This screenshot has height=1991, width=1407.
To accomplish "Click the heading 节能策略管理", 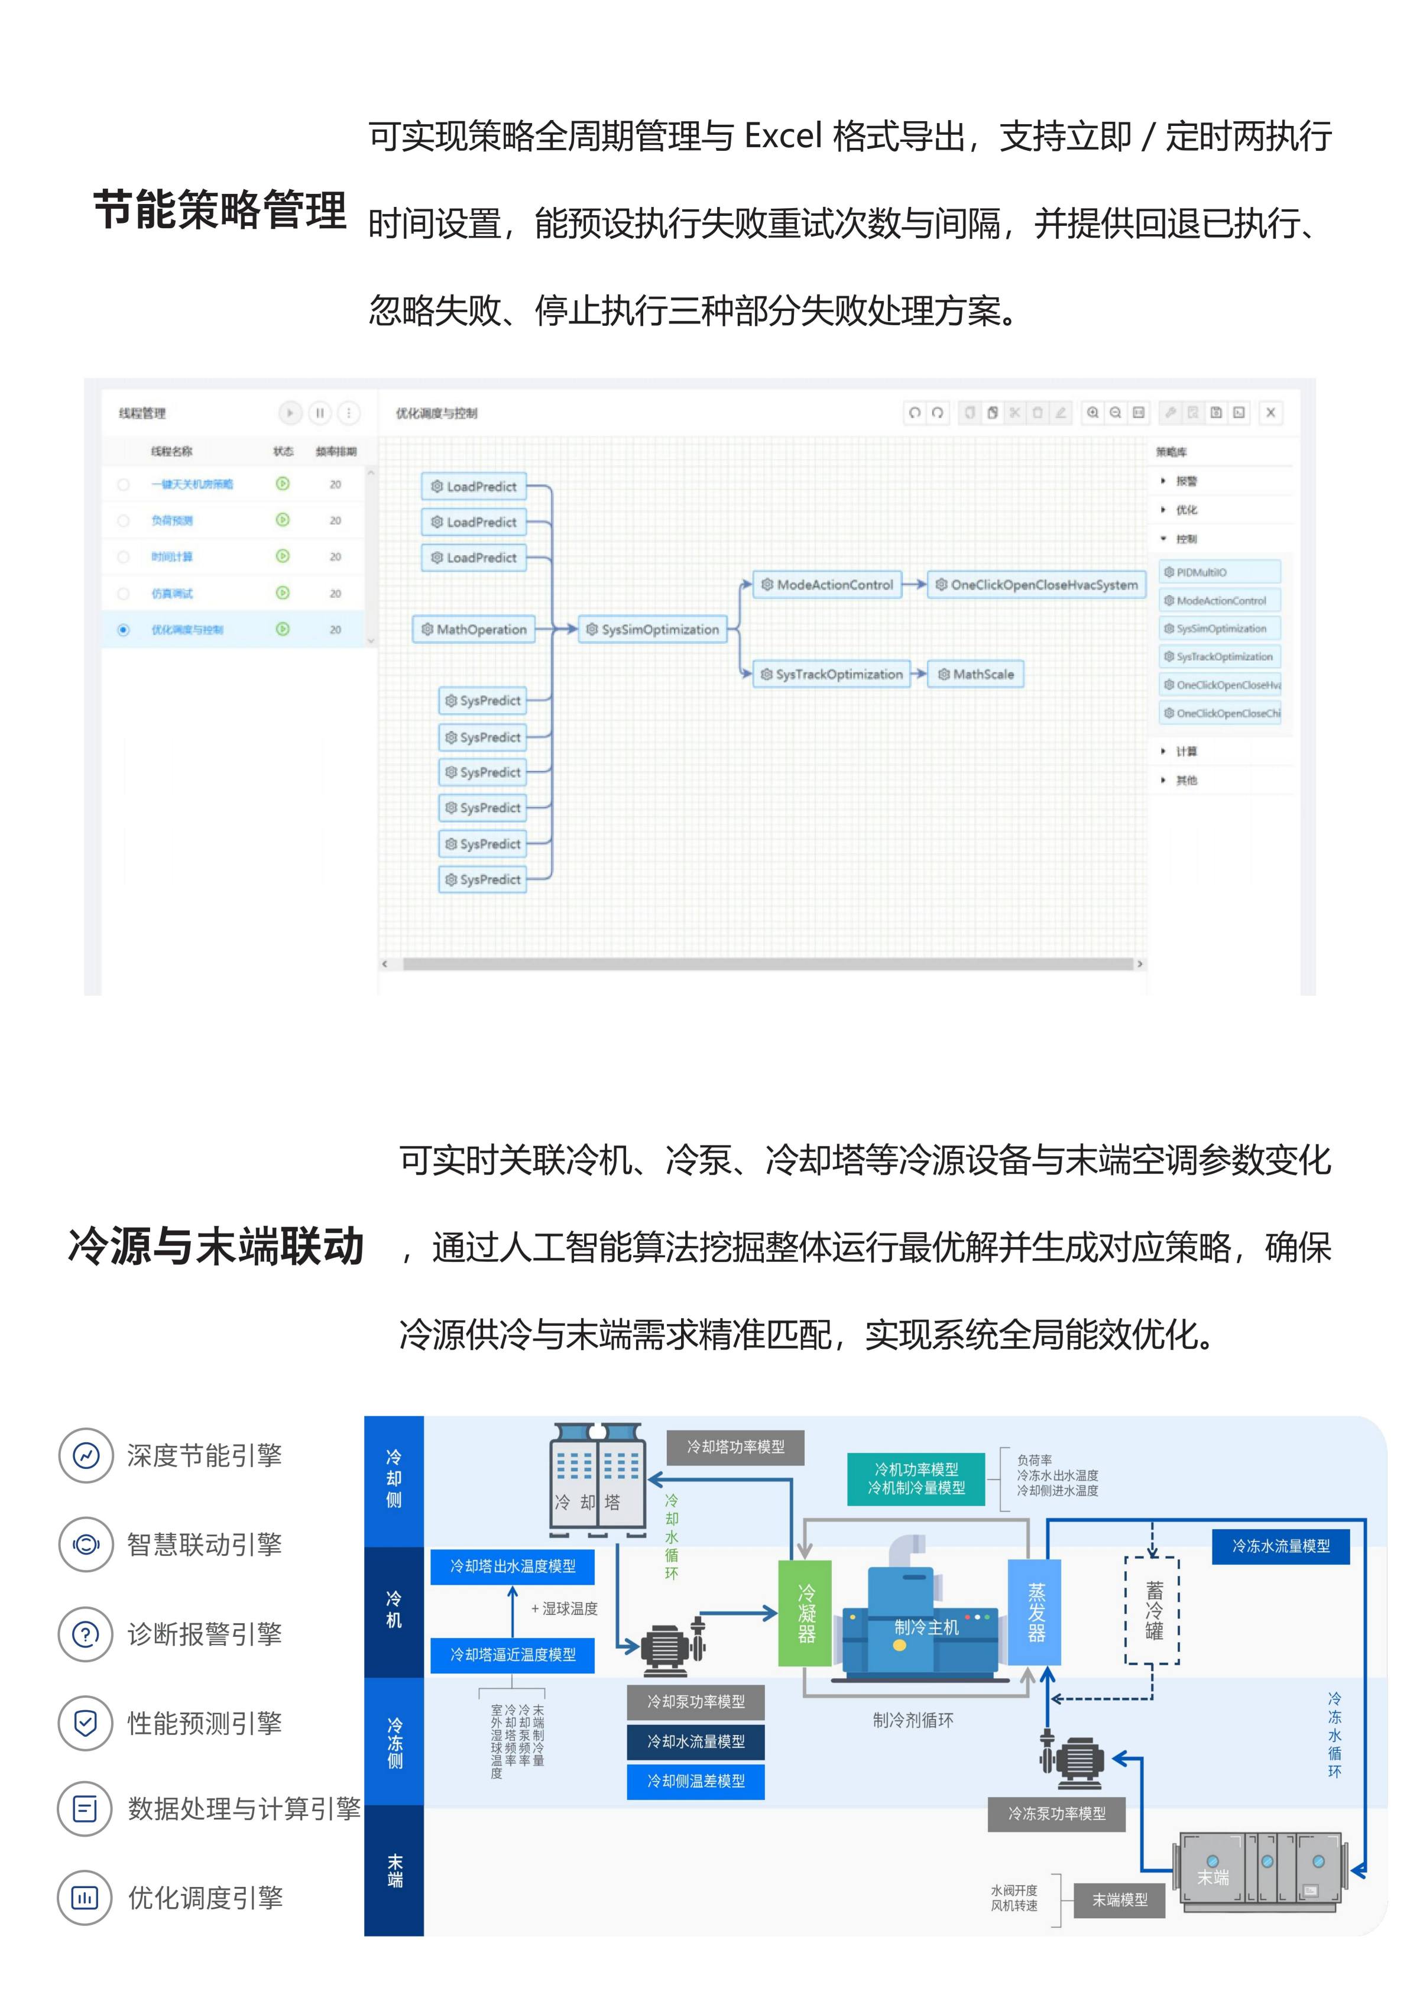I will (219, 211).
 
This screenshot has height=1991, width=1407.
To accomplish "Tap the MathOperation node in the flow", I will (474, 630).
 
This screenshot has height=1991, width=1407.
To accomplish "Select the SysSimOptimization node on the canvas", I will (653, 630).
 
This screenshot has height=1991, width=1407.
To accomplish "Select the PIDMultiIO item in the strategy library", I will (1220, 572).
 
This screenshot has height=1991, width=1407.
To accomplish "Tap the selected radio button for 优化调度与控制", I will (123, 630).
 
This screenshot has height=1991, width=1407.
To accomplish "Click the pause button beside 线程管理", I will (320, 413).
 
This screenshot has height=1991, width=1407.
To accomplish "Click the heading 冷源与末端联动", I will (216, 1246).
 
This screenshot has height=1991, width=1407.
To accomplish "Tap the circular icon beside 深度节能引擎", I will (86, 1455).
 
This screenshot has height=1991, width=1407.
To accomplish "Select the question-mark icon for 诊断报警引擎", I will (86, 1634).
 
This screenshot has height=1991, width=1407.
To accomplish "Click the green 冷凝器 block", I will (805, 1613).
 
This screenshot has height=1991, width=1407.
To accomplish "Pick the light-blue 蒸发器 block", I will (1035, 1613).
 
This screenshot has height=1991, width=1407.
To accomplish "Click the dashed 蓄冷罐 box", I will (1152, 1610).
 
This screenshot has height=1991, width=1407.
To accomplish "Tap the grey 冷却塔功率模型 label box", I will (735, 1448).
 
